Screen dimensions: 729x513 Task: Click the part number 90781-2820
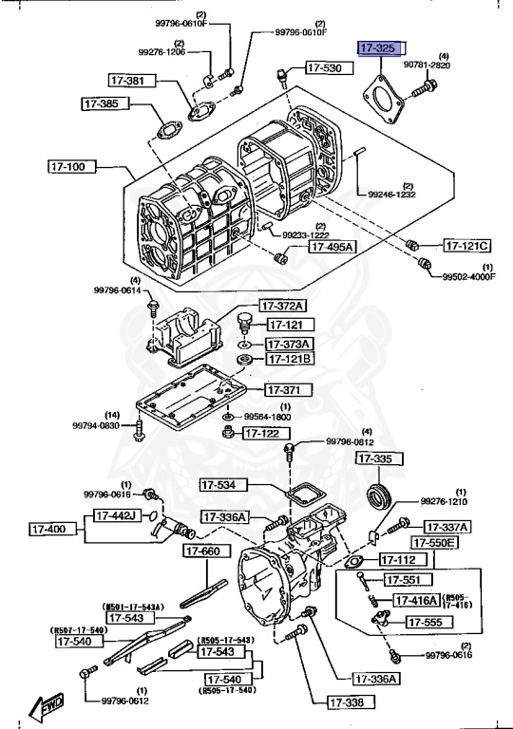[x=427, y=65]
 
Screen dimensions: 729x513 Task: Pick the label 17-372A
[x=285, y=306]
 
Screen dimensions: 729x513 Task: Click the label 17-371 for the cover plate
[x=284, y=390]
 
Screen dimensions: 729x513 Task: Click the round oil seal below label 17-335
[x=380, y=495]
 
